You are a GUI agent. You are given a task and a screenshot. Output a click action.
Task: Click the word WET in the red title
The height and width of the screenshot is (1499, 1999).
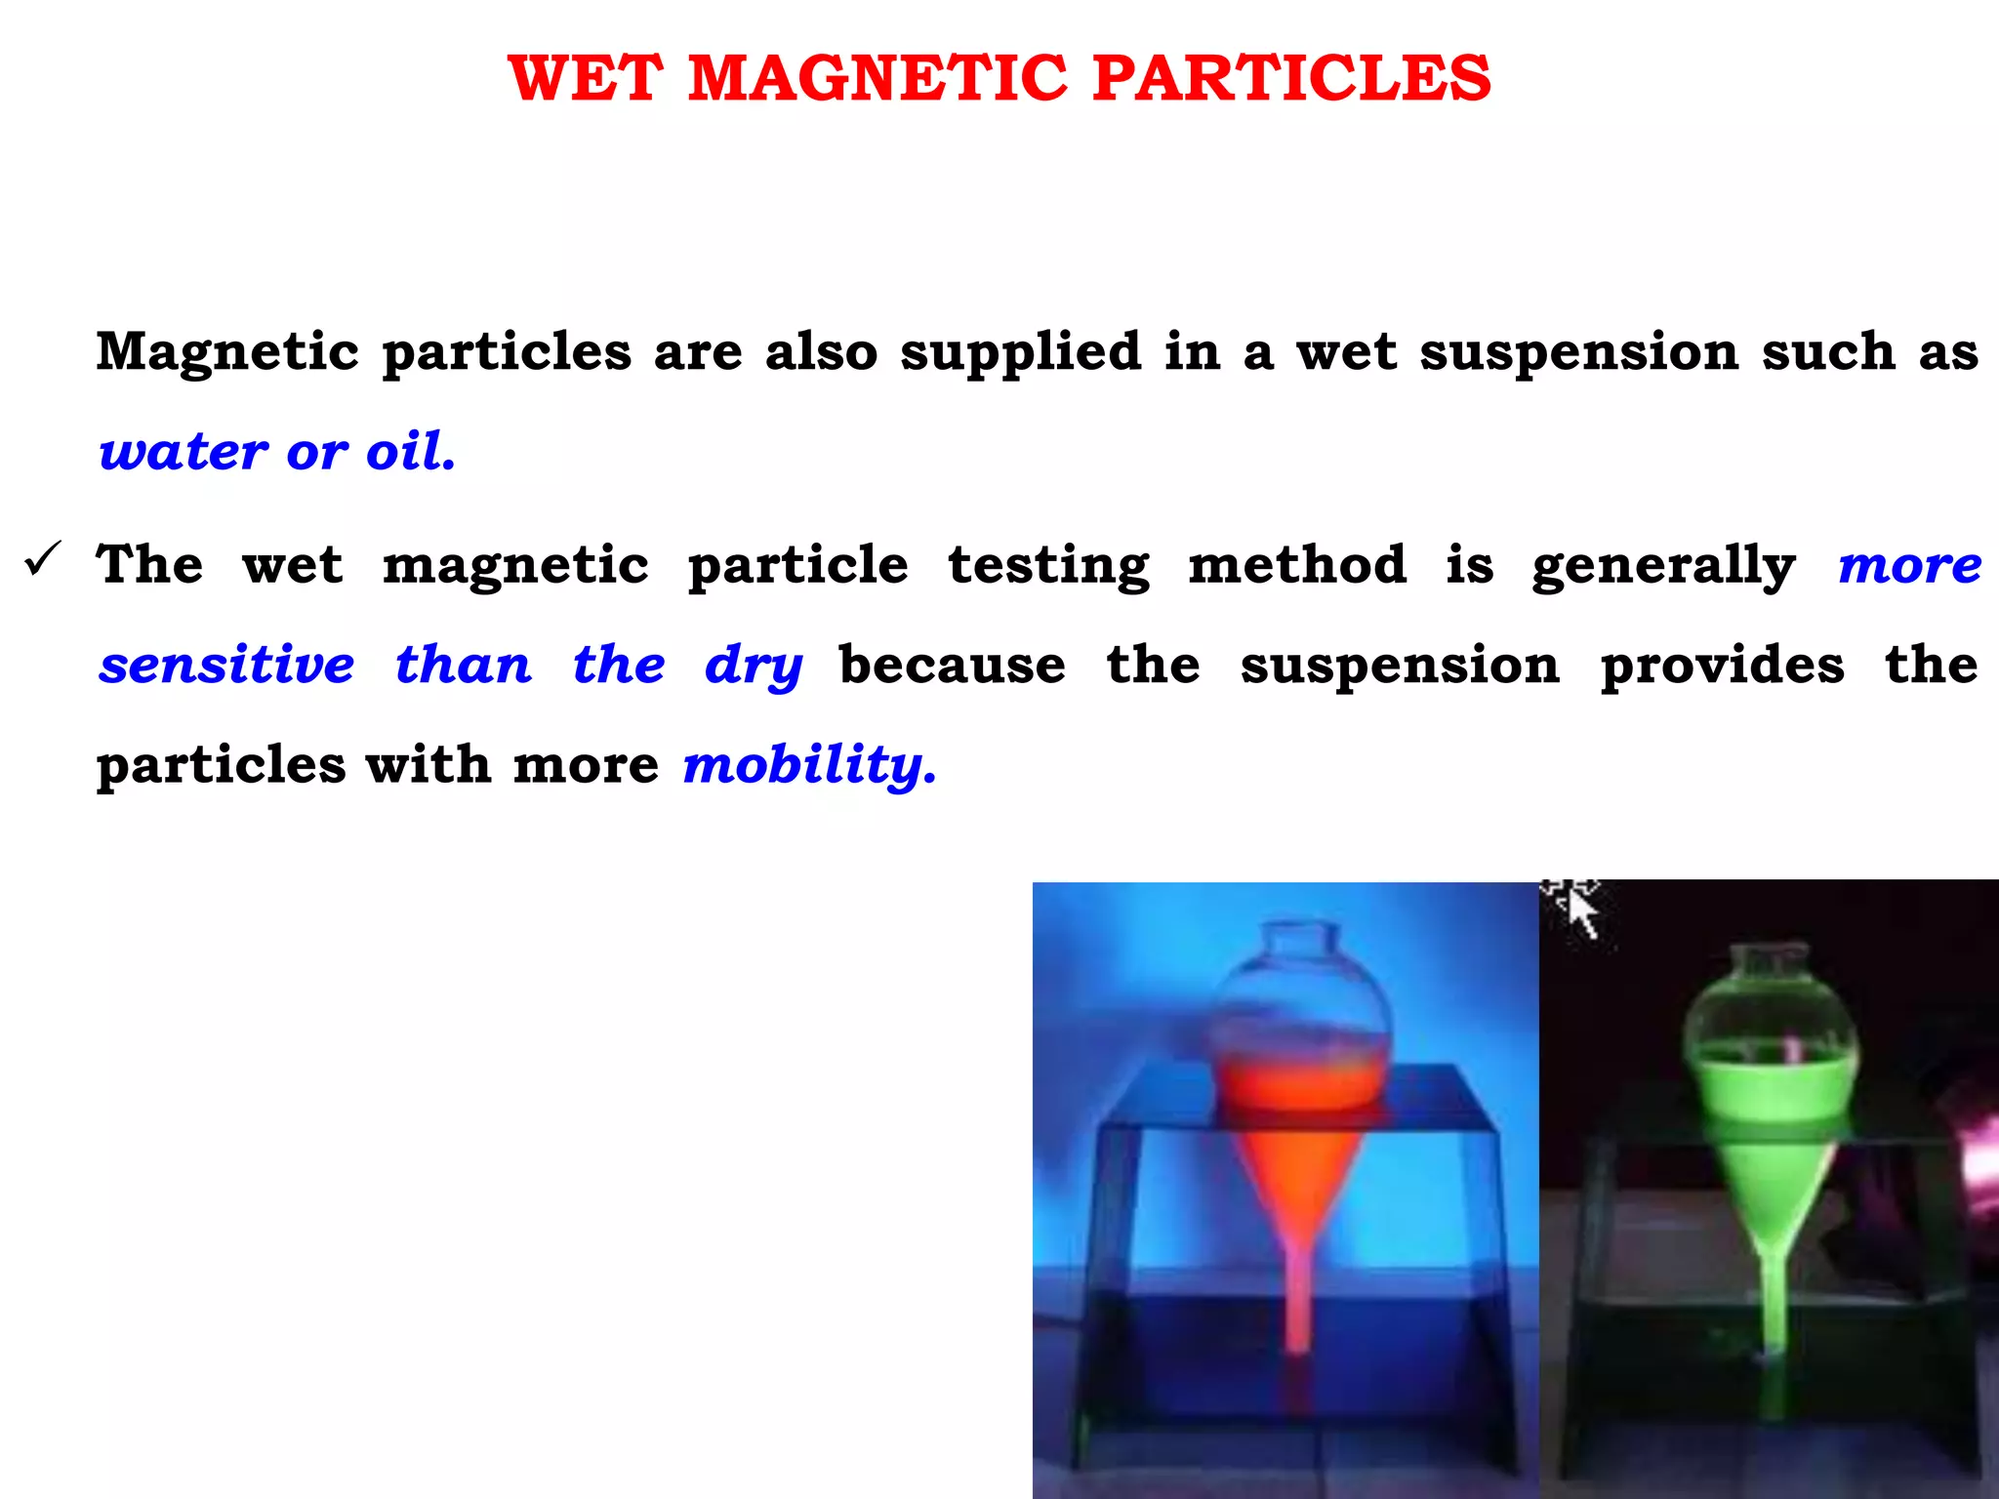586,78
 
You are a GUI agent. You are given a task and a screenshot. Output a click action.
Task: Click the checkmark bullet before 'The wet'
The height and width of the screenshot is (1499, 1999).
43,559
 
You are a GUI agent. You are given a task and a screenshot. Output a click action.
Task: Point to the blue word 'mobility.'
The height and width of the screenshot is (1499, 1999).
809,764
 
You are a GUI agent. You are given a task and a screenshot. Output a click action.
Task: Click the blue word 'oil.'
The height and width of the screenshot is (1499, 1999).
410,452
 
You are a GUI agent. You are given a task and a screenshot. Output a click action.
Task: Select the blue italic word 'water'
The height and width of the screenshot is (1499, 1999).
184,452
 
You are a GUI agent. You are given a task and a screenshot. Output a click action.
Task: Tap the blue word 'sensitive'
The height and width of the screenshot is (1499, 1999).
226,665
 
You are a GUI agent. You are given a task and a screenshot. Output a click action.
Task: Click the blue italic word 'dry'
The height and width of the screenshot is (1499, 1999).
754,667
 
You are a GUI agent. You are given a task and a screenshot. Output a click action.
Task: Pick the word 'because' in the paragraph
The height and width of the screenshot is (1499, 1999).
952,665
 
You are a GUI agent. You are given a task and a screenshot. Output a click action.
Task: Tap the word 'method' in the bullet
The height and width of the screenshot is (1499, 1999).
1297,565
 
